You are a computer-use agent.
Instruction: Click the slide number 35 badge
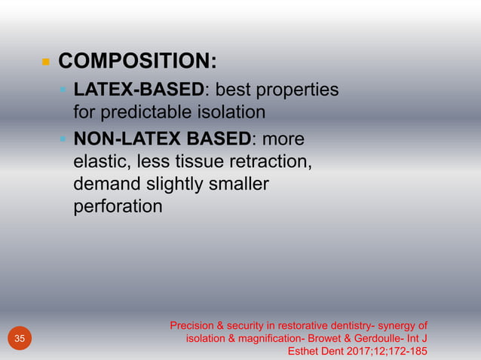coord(20,339)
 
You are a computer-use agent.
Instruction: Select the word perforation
coord(117,206)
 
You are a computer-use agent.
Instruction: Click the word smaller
coord(239,184)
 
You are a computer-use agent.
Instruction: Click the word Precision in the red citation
coord(191,326)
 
